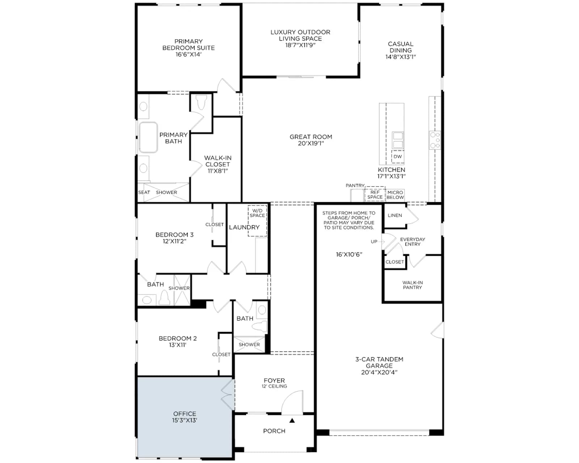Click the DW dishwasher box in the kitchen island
click(398, 157)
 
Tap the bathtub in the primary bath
click(148, 137)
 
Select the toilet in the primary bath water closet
click(201, 102)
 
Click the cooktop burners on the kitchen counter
click(435, 140)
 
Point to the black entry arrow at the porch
click(292, 420)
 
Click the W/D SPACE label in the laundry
click(257, 213)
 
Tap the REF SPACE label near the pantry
click(375, 195)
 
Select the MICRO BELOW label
click(395, 195)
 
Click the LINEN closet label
click(395, 216)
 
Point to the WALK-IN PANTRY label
click(413, 285)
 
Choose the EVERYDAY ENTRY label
click(413, 242)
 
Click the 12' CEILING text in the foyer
click(274, 386)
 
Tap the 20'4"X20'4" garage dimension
click(379, 373)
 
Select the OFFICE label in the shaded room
click(185, 414)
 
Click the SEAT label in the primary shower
click(144, 192)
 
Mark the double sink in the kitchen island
click(398, 140)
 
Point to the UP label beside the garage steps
click(374, 242)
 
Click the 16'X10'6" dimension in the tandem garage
click(349, 255)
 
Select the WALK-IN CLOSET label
click(217, 164)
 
